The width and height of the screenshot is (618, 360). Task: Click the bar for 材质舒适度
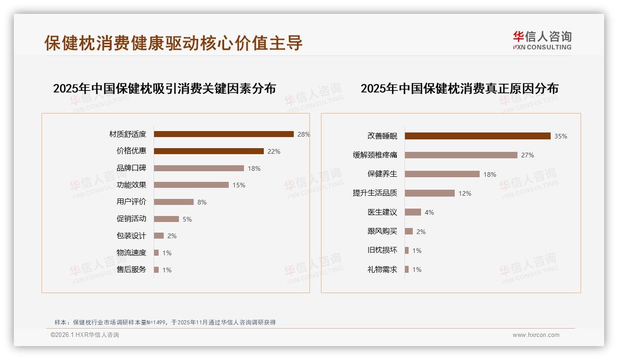point(224,134)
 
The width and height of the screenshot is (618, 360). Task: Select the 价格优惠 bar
point(208,151)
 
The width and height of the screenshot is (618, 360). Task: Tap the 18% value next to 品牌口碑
point(254,168)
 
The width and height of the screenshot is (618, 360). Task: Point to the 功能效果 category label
point(131,185)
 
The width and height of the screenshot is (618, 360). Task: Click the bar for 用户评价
point(173,202)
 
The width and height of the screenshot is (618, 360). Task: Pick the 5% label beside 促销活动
point(187,219)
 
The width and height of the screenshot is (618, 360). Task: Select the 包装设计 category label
point(131,236)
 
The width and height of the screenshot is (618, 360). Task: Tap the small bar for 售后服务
point(156,270)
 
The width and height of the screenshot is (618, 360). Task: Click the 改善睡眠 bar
point(477,136)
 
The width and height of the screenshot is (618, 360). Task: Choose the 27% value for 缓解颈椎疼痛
point(528,155)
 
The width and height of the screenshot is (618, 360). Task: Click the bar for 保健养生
point(442,174)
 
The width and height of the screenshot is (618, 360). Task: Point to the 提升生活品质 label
point(374,193)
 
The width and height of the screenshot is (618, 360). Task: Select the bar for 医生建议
point(413,212)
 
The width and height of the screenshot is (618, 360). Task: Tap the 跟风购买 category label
point(382,231)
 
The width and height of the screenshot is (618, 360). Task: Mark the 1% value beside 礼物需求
point(417,270)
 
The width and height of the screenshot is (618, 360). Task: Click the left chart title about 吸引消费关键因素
point(164,88)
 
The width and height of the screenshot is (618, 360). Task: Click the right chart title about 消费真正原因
point(459,88)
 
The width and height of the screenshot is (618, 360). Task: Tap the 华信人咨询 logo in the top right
point(542,40)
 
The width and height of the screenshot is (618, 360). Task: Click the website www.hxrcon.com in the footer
point(536,335)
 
